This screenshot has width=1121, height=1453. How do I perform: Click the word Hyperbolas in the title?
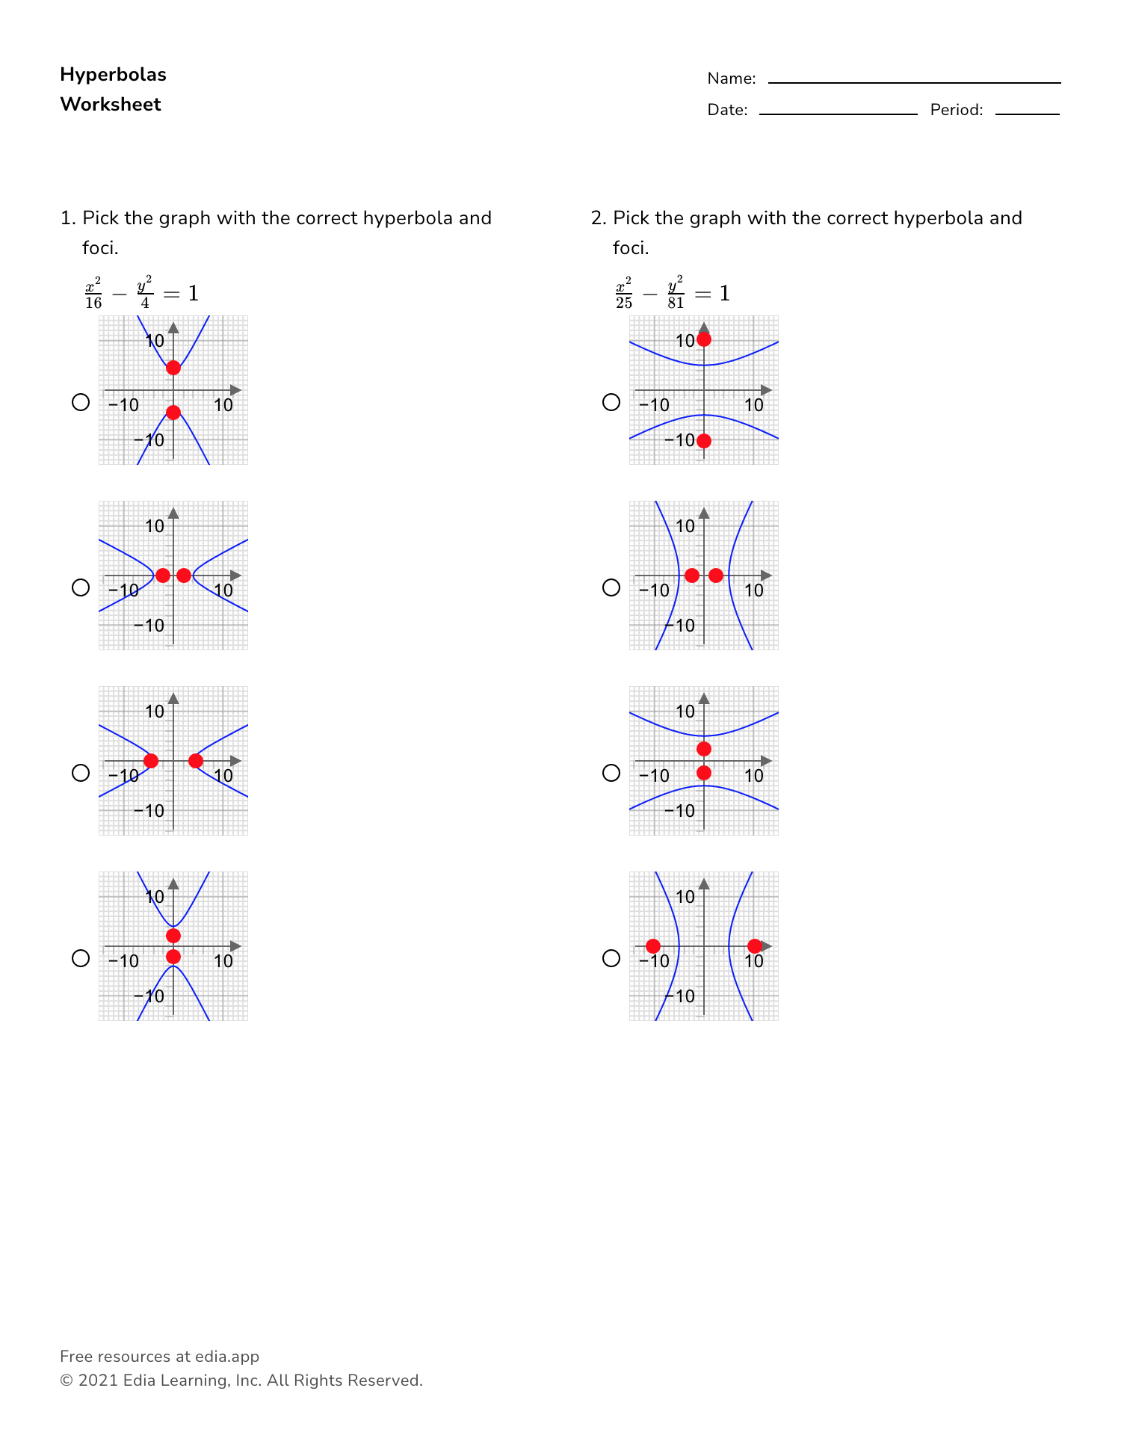(113, 75)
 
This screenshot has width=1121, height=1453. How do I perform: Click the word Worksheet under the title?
(111, 105)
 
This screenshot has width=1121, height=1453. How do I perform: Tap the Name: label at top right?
(731, 78)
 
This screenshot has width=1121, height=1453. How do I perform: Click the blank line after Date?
(838, 113)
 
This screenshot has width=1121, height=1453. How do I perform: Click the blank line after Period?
(1027, 113)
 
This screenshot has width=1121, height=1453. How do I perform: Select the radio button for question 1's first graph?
(81, 402)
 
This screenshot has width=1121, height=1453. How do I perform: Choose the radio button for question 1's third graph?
(81, 773)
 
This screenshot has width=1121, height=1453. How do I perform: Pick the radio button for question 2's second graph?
(611, 587)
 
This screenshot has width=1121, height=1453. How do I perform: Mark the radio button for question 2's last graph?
(611, 958)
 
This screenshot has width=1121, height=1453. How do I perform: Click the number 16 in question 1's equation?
(93, 303)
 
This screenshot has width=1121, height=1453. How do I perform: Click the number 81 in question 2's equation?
(676, 303)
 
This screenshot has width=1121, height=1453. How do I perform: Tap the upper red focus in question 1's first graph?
(173, 368)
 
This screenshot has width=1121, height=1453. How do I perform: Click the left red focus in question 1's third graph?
(151, 761)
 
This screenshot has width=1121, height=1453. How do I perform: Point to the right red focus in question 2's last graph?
(755, 946)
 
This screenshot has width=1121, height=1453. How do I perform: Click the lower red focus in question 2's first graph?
(704, 441)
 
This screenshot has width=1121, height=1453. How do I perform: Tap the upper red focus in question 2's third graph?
(704, 749)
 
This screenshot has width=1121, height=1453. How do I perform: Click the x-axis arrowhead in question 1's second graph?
(236, 576)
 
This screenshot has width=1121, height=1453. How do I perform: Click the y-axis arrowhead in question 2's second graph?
(704, 513)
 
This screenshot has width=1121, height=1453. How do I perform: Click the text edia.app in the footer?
(227, 1357)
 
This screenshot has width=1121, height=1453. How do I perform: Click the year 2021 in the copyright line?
(98, 1380)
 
